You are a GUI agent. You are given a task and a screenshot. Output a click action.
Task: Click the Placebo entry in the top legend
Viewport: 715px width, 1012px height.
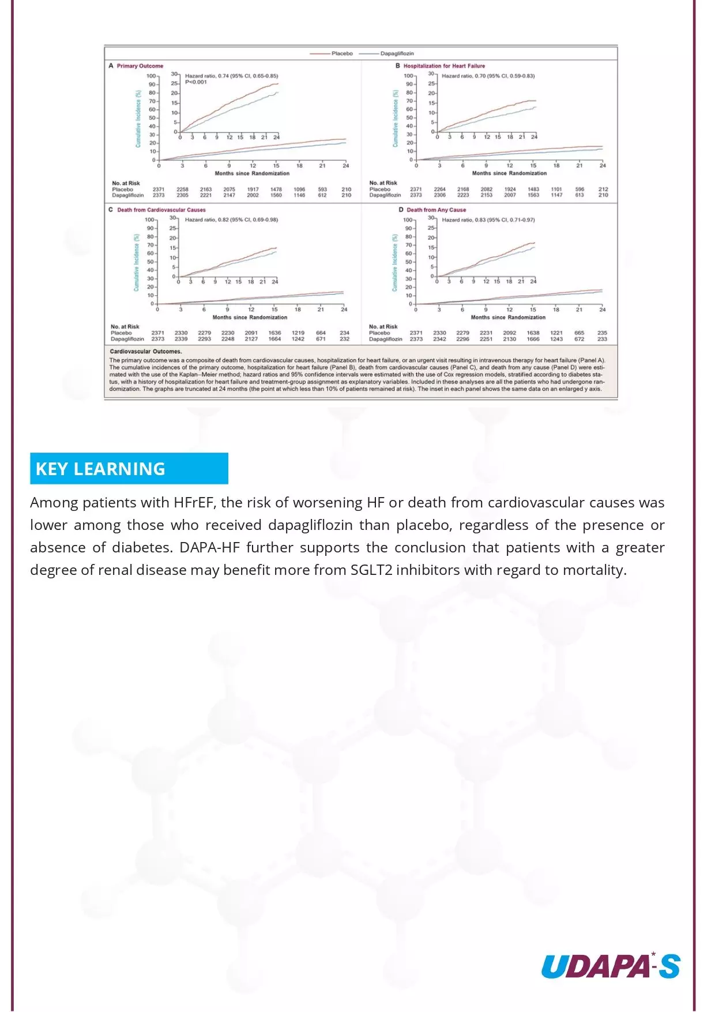click(341, 54)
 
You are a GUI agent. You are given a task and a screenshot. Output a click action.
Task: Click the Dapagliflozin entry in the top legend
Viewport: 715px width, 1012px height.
click(397, 54)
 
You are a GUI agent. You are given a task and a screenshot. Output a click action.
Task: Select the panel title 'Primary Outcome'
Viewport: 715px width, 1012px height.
click(140, 66)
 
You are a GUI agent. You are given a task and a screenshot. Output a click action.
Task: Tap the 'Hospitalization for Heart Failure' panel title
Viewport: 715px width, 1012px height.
click(444, 66)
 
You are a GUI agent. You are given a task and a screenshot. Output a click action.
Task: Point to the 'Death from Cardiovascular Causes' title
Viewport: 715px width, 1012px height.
click(161, 210)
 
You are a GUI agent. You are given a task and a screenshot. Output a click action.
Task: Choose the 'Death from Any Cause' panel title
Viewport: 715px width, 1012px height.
click(436, 210)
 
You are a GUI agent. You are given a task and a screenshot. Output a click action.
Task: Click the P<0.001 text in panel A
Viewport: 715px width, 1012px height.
click(196, 82)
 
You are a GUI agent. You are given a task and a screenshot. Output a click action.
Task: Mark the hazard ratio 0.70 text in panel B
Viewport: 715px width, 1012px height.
click(488, 76)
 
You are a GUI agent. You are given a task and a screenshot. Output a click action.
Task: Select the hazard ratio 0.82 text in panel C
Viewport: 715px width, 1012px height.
click(231, 220)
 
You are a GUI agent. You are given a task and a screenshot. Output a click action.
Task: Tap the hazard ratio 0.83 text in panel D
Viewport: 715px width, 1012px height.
click(488, 220)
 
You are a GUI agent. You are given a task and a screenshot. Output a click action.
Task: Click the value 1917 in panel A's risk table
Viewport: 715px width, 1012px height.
click(253, 189)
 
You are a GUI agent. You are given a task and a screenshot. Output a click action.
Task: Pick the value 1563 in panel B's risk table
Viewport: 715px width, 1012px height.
click(533, 195)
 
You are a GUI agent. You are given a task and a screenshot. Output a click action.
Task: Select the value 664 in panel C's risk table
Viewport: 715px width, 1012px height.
click(321, 333)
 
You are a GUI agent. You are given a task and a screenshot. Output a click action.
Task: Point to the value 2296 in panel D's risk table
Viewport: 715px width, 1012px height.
click(463, 339)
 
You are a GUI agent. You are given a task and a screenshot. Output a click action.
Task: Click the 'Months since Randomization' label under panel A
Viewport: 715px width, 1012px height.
click(252, 173)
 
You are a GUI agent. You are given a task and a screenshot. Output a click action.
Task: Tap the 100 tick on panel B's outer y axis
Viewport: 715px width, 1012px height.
click(408, 76)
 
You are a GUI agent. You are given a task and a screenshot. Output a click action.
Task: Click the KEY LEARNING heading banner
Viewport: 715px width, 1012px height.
click(129, 469)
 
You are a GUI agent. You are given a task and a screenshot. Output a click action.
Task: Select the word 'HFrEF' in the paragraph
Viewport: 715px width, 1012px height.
click(194, 503)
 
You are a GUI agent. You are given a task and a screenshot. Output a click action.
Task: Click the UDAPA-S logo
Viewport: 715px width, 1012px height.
click(611, 966)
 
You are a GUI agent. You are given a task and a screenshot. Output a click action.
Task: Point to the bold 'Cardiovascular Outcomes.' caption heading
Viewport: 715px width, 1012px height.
click(146, 351)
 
